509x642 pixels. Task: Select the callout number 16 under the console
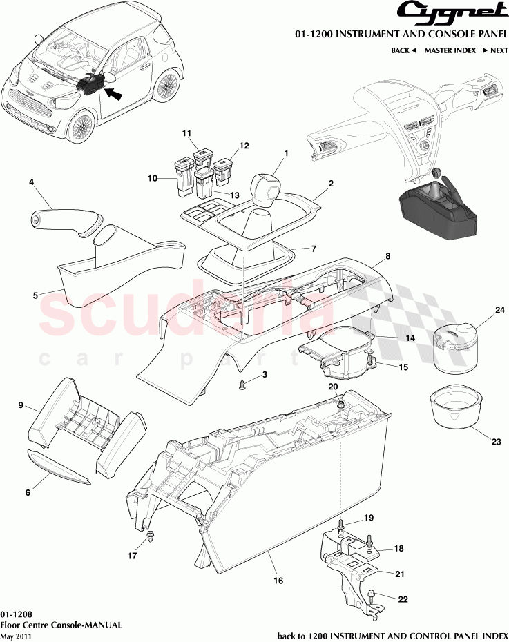click(278, 581)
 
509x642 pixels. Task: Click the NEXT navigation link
click(495, 50)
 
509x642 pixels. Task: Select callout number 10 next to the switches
click(152, 178)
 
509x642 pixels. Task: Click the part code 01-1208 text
click(15, 613)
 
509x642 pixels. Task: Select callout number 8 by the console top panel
click(387, 255)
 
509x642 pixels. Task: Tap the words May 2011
click(16, 636)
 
